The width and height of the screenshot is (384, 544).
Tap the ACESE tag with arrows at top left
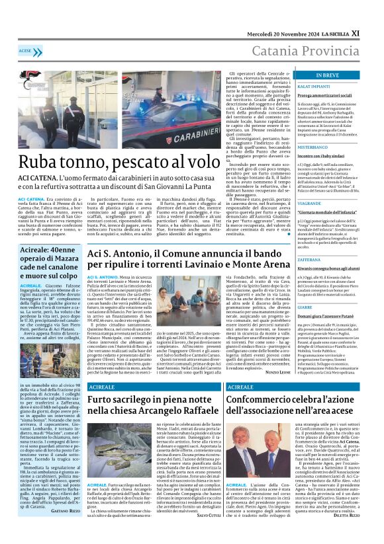(x=26, y=50)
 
